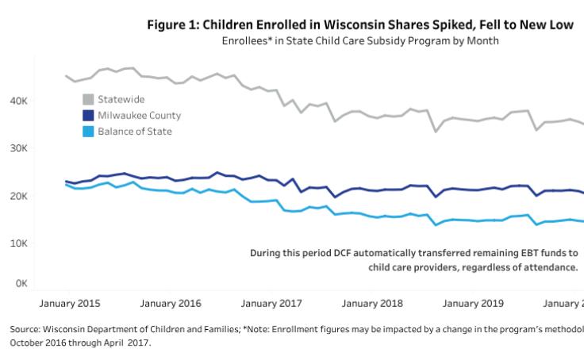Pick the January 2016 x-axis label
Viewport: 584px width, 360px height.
click(171, 304)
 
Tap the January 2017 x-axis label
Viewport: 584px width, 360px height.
click(272, 304)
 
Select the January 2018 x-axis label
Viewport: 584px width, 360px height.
click(372, 304)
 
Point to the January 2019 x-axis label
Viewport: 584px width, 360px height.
click(472, 304)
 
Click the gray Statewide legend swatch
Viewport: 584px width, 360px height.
click(89, 99)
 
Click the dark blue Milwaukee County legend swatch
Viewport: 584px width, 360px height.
click(89, 115)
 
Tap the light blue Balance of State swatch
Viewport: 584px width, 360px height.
click(89, 131)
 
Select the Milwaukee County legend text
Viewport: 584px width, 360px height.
click(139, 115)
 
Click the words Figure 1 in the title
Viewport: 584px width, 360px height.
click(175, 25)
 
